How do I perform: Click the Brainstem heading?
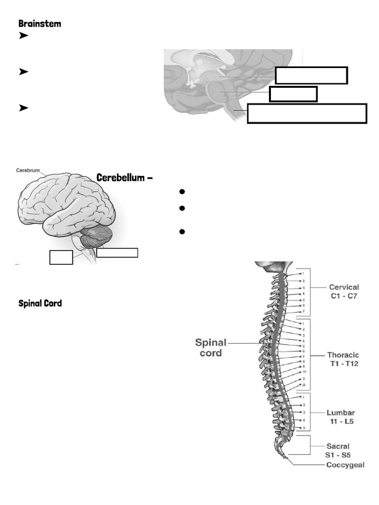pos(39,23)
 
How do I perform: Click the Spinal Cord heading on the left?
pos(40,303)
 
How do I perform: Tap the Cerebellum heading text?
pos(124,178)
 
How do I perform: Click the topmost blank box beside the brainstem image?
pos(311,75)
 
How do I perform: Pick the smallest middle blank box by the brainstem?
pos(293,94)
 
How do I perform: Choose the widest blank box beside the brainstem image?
pos(306,113)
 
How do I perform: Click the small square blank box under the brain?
pos(61,257)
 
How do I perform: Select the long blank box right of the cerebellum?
pos(117,252)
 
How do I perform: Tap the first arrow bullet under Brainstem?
pos(23,36)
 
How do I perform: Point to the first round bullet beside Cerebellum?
pos(182,191)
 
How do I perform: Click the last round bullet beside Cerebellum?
pos(182,231)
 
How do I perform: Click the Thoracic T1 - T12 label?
pos(344,359)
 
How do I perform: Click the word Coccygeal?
pos(345,465)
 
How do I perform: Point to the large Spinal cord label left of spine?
pos(211,347)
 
